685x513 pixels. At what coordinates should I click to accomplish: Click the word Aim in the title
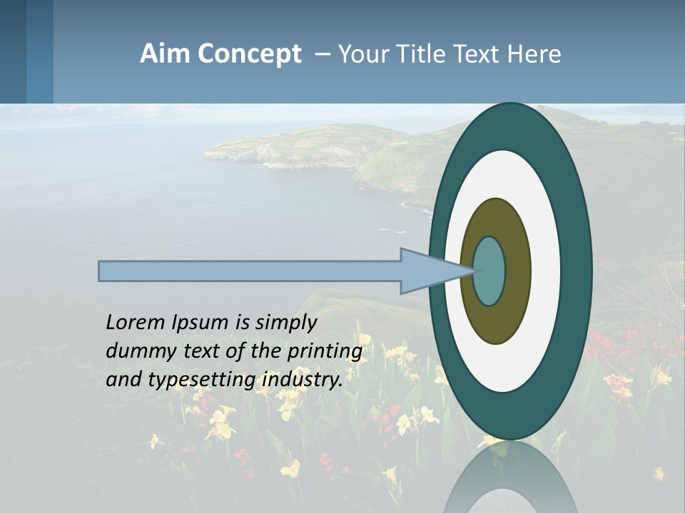point(165,54)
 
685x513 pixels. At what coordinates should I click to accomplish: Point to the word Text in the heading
point(479,54)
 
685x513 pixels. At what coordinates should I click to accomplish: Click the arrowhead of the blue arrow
point(428,271)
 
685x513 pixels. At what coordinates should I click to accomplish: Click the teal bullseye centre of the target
point(489,271)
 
